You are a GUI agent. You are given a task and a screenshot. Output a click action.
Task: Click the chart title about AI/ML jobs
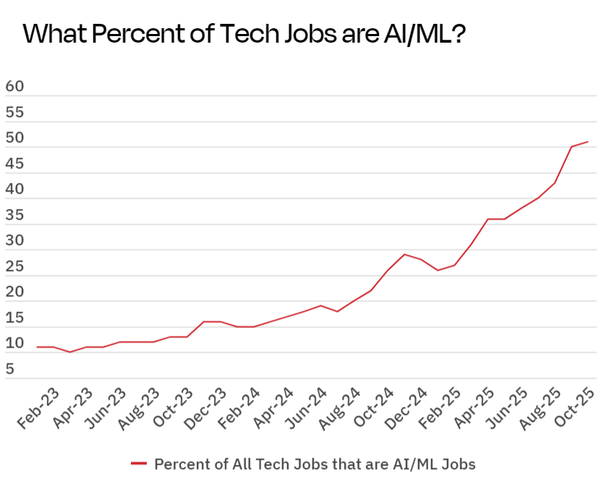click(x=243, y=34)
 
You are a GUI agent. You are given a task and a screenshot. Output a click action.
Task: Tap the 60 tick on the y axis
click(x=14, y=86)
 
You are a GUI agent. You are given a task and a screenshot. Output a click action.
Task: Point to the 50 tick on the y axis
click(x=14, y=137)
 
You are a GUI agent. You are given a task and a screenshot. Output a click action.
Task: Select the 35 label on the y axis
click(x=14, y=215)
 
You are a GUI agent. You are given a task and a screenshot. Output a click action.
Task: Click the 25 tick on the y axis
click(x=14, y=266)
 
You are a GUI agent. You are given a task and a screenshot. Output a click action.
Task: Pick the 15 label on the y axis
click(x=14, y=317)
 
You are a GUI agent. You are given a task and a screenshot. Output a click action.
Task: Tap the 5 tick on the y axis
click(x=10, y=369)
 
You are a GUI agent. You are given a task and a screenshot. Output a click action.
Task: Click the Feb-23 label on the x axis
click(x=38, y=408)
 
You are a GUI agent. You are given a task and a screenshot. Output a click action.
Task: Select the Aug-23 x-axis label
click(x=137, y=408)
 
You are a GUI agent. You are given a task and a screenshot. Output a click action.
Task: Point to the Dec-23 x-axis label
click(x=204, y=408)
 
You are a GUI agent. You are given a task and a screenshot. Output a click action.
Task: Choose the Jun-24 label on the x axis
click(x=304, y=408)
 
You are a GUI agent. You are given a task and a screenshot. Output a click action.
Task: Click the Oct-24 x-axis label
click(x=370, y=408)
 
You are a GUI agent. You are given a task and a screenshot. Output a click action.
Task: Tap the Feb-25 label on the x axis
click(x=437, y=408)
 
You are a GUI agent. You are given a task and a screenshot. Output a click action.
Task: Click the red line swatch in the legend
click(x=139, y=463)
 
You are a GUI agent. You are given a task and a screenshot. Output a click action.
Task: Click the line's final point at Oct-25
click(x=588, y=142)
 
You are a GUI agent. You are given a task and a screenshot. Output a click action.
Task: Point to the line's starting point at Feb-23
click(x=38, y=347)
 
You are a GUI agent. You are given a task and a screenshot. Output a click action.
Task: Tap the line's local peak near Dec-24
click(x=404, y=254)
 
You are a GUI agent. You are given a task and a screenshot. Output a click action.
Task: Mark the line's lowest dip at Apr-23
click(x=70, y=352)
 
